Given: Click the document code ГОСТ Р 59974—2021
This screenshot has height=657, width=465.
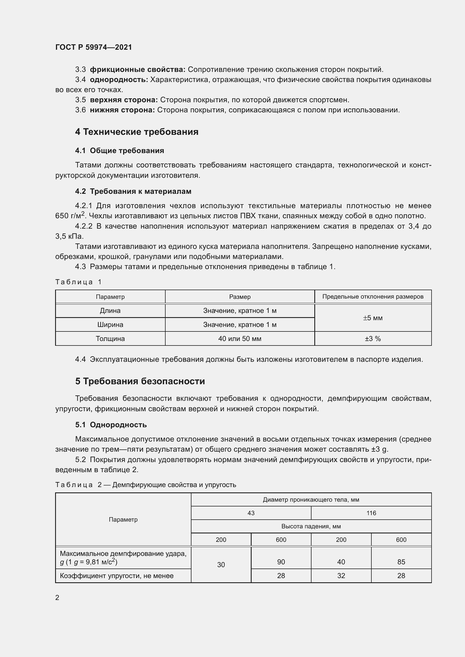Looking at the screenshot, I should (94, 47).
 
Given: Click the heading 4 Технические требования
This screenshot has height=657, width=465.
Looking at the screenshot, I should (137, 132).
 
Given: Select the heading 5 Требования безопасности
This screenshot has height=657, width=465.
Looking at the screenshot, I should (140, 381).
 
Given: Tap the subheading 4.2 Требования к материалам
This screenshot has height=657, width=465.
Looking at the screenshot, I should (133, 191).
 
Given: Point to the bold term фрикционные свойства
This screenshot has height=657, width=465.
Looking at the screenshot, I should (137, 70).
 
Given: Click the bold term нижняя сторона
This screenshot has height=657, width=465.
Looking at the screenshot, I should (122, 110).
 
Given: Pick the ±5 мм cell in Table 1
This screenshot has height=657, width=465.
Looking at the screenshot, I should (373, 318).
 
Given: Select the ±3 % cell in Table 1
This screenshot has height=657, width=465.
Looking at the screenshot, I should (373, 339).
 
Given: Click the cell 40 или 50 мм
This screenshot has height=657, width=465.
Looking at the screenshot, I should (240, 339).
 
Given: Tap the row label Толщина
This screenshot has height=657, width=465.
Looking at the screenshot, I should (110, 339).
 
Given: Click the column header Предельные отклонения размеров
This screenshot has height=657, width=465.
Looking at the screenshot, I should (373, 297).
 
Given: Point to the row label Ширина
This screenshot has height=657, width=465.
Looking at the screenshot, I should (110, 325).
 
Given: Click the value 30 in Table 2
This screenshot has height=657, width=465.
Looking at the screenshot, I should (221, 565).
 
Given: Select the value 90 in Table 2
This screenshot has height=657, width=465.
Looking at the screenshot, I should (281, 562).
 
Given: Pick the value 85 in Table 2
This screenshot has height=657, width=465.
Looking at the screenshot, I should (401, 562).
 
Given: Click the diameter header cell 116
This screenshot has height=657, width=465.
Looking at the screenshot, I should (371, 513).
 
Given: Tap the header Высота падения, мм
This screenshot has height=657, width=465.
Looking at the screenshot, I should (311, 526).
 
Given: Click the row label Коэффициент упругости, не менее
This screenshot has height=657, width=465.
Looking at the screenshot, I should (117, 576).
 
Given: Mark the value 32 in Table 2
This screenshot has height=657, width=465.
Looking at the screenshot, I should (341, 576).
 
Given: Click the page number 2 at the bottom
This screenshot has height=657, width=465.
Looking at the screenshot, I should (57, 597).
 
